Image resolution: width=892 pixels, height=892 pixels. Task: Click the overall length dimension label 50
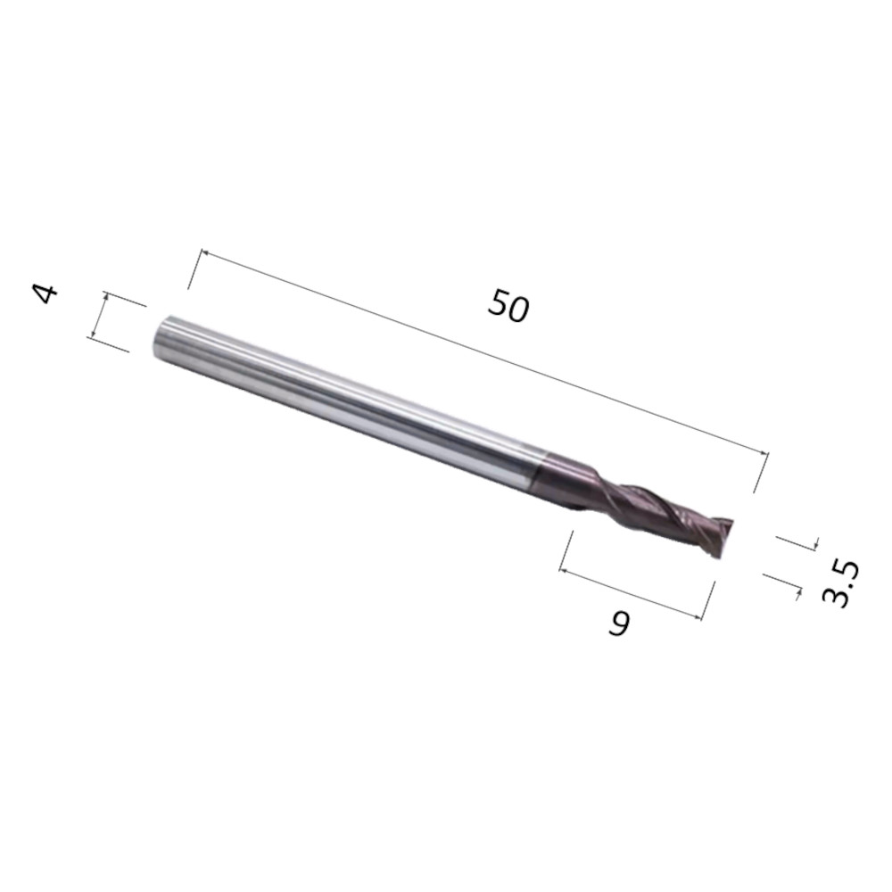[508, 306]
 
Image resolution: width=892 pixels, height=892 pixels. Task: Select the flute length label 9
[618, 624]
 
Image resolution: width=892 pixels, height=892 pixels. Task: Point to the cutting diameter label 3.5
[838, 584]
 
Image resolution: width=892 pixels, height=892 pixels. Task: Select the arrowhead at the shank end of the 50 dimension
[205, 255]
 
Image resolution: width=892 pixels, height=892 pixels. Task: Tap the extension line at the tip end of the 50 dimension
[761, 473]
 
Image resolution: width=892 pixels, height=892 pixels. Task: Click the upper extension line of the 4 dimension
[125, 299]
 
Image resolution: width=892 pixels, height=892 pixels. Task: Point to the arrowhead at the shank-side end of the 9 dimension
[565, 569]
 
